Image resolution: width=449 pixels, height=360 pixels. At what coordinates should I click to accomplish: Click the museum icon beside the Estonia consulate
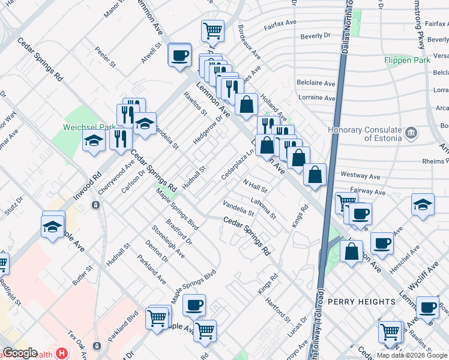pyautogui.click(x=411, y=132)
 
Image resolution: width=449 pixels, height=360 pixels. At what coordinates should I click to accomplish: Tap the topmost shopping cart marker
pyautogui.click(x=212, y=30)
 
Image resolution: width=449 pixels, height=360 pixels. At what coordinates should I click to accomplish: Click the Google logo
pyautogui.click(x=20, y=353)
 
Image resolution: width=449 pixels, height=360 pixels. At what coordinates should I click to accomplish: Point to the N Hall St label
pyautogui.click(x=255, y=186)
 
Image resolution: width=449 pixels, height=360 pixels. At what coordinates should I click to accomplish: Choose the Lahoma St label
pyautogui.click(x=264, y=207)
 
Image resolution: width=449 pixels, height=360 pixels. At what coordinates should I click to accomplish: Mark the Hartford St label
pyautogui.click(x=278, y=310)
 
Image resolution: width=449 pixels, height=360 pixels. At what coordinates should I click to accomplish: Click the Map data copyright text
pyautogui.click(x=411, y=355)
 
